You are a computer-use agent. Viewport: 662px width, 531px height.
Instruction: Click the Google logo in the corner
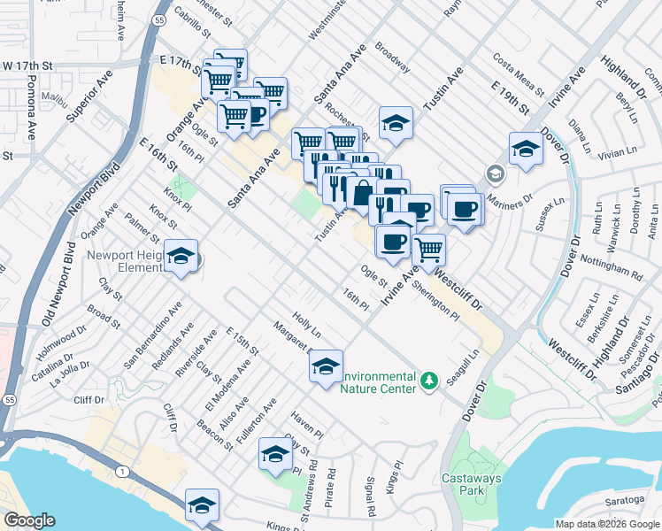[29, 520]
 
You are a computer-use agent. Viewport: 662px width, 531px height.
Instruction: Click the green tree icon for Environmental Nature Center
[429, 380]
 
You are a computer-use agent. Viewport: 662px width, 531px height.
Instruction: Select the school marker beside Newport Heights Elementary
[181, 258]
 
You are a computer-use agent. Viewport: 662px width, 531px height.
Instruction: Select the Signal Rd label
[370, 496]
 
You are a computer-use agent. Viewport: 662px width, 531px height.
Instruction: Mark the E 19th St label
[509, 98]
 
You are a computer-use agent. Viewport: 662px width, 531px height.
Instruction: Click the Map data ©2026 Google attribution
[607, 524]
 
